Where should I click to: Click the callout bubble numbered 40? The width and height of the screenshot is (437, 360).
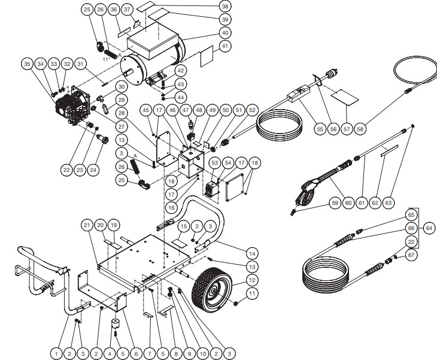click(224, 32)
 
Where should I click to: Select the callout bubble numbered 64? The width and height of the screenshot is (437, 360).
click(427, 228)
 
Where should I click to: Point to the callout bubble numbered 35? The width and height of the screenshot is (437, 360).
click(26, 63)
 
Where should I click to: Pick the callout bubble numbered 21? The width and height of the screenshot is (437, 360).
click(87, 225)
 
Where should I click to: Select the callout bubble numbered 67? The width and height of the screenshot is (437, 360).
click(411, 255)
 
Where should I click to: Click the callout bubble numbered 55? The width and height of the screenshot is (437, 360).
click(319, 126)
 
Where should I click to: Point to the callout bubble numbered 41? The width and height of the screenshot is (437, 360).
click(224, 46)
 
